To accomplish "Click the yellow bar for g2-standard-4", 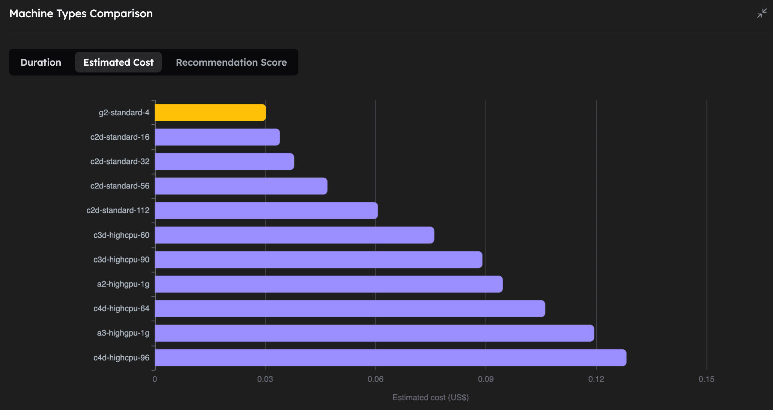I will coord(210,113).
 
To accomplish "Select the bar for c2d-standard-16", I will coord(217,137).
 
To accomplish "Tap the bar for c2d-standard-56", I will coord(241,186).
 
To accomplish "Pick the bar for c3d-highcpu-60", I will coord(294,235).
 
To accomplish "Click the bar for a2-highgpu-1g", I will coord(329,284).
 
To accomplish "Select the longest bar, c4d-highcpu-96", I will coord(390,357).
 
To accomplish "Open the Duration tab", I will coord(41,62).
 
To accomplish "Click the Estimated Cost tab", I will coord(118,62).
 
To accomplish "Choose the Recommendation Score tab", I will coord(231,62).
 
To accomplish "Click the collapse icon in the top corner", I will coord(762,14).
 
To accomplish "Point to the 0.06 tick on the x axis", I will coord(375,379).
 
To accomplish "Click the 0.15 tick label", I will coord(706,379).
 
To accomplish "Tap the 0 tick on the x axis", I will coord(155,379).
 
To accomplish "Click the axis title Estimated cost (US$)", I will coord(430,397).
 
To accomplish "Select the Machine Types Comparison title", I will coord(81,14).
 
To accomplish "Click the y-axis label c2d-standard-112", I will coord(118,210).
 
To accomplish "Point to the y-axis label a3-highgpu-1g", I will coord(123,333).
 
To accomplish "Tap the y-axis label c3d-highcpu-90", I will coord(121,259).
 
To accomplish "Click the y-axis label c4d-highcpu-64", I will coord(121,309).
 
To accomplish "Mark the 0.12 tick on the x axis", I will coord(596,379).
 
